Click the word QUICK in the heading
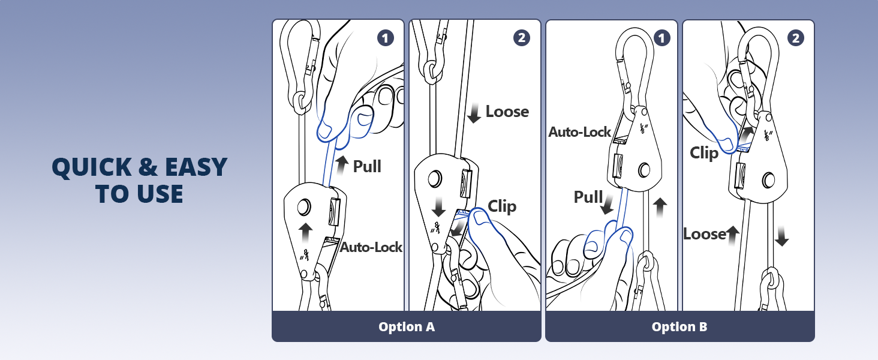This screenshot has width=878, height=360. click(89, 167)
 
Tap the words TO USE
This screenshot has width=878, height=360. click(139, 194)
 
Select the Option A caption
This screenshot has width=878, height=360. click(406, 327)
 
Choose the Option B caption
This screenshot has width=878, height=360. click(679, 327)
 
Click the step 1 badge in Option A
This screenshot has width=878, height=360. click(386, 38)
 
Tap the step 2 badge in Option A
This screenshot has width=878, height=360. click(522, 38)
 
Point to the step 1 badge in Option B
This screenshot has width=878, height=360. click(661, 38)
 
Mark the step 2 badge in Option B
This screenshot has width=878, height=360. click(796, 38)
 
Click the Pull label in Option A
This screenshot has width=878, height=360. click(367, 166)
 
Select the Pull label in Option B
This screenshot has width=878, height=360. click(588, 197)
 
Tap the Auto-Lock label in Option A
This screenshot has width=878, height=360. click(371, 247)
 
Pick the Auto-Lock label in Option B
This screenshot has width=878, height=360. click(579, 132)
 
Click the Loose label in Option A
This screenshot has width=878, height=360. click(507, 112)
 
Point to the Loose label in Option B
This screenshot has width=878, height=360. click(705, 234)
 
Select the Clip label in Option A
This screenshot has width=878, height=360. click(502, 206)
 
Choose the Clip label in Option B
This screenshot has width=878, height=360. click(704, 153)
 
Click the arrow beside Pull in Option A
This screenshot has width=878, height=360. click(342, 164)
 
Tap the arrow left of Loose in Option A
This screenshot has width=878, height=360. click(475, 113)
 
